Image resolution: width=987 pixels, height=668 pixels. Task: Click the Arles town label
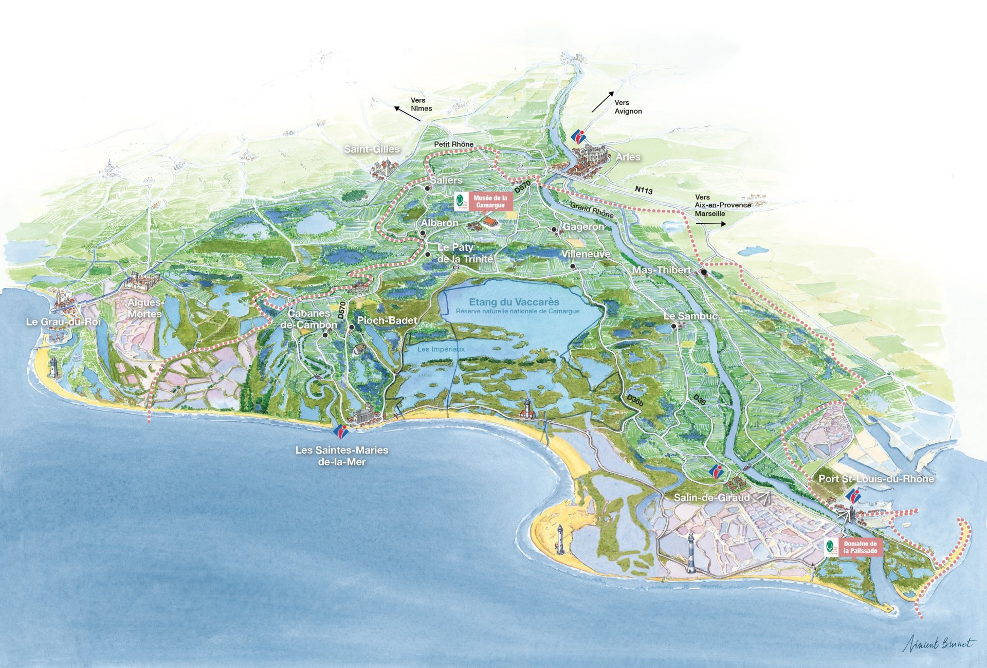(628, 157)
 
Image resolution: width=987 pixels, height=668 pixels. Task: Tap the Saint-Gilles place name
(372, 149)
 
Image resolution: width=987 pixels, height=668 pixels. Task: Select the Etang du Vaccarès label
(514, 302)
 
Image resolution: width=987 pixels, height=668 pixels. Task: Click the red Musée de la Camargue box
(490, 202)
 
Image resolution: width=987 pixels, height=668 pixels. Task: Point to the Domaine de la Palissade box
(860, 547)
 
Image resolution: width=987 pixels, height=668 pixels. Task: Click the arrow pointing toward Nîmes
(407, 114)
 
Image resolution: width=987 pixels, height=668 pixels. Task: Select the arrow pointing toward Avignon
(602, 101)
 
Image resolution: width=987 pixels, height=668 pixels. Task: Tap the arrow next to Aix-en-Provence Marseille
(710, 224)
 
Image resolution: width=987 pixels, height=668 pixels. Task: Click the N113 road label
(644, 190)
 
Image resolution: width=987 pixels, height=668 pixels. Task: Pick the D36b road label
(635, 400)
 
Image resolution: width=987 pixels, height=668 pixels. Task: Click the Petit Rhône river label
(453, 145)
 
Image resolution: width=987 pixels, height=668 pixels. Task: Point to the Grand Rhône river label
(592, 210)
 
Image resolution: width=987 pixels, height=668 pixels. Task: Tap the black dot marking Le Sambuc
(673, 326)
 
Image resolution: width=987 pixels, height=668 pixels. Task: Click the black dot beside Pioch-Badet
(352, 327)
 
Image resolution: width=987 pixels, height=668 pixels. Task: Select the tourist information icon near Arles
(579, 137)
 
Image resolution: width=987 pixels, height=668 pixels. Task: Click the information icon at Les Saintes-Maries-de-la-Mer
(340, 431)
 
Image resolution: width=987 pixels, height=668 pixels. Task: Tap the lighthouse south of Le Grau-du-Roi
(53, 367)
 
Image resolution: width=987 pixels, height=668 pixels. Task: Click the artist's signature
(938, 643)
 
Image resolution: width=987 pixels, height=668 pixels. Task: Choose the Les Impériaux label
(441, 349)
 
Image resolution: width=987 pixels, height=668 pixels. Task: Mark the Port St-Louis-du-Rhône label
(876, 479)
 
